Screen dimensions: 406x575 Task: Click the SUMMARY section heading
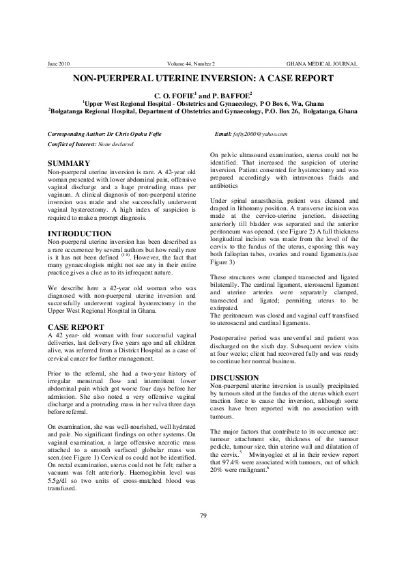[70, 164]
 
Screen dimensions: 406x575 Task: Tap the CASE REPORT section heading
[75, 327]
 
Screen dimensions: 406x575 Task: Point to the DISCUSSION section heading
[235, 378]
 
